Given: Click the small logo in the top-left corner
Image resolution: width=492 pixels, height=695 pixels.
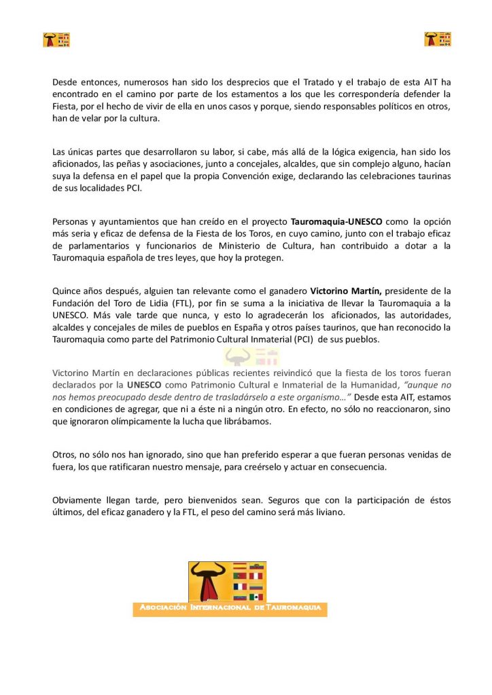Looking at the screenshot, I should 56,40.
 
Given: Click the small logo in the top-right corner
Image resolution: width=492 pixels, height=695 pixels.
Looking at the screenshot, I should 438,39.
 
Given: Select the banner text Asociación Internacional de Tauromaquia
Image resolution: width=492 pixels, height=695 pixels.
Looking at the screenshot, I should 230,607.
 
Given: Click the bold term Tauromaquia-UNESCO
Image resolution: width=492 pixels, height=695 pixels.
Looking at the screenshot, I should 336,221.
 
